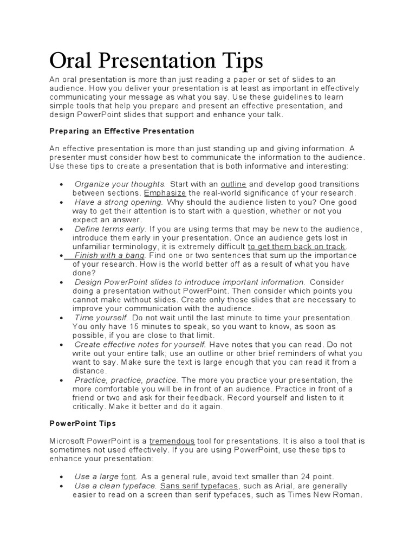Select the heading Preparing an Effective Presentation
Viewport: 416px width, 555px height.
tap(122, 131)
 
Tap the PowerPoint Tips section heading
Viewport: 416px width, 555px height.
tap(83, 423)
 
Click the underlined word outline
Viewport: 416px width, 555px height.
tap(233, 184)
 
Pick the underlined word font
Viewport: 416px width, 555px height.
tap(128, 476)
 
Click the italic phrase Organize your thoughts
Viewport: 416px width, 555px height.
tap(120, 184)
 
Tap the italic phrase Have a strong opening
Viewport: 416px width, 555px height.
tap(119, 202)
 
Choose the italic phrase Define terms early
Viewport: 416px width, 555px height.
tap(110, 229)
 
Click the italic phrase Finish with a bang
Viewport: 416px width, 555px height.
tap(109, 255)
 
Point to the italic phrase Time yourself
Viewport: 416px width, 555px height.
tap(101, 318)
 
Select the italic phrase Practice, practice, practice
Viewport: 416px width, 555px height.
tap(127, 380)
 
